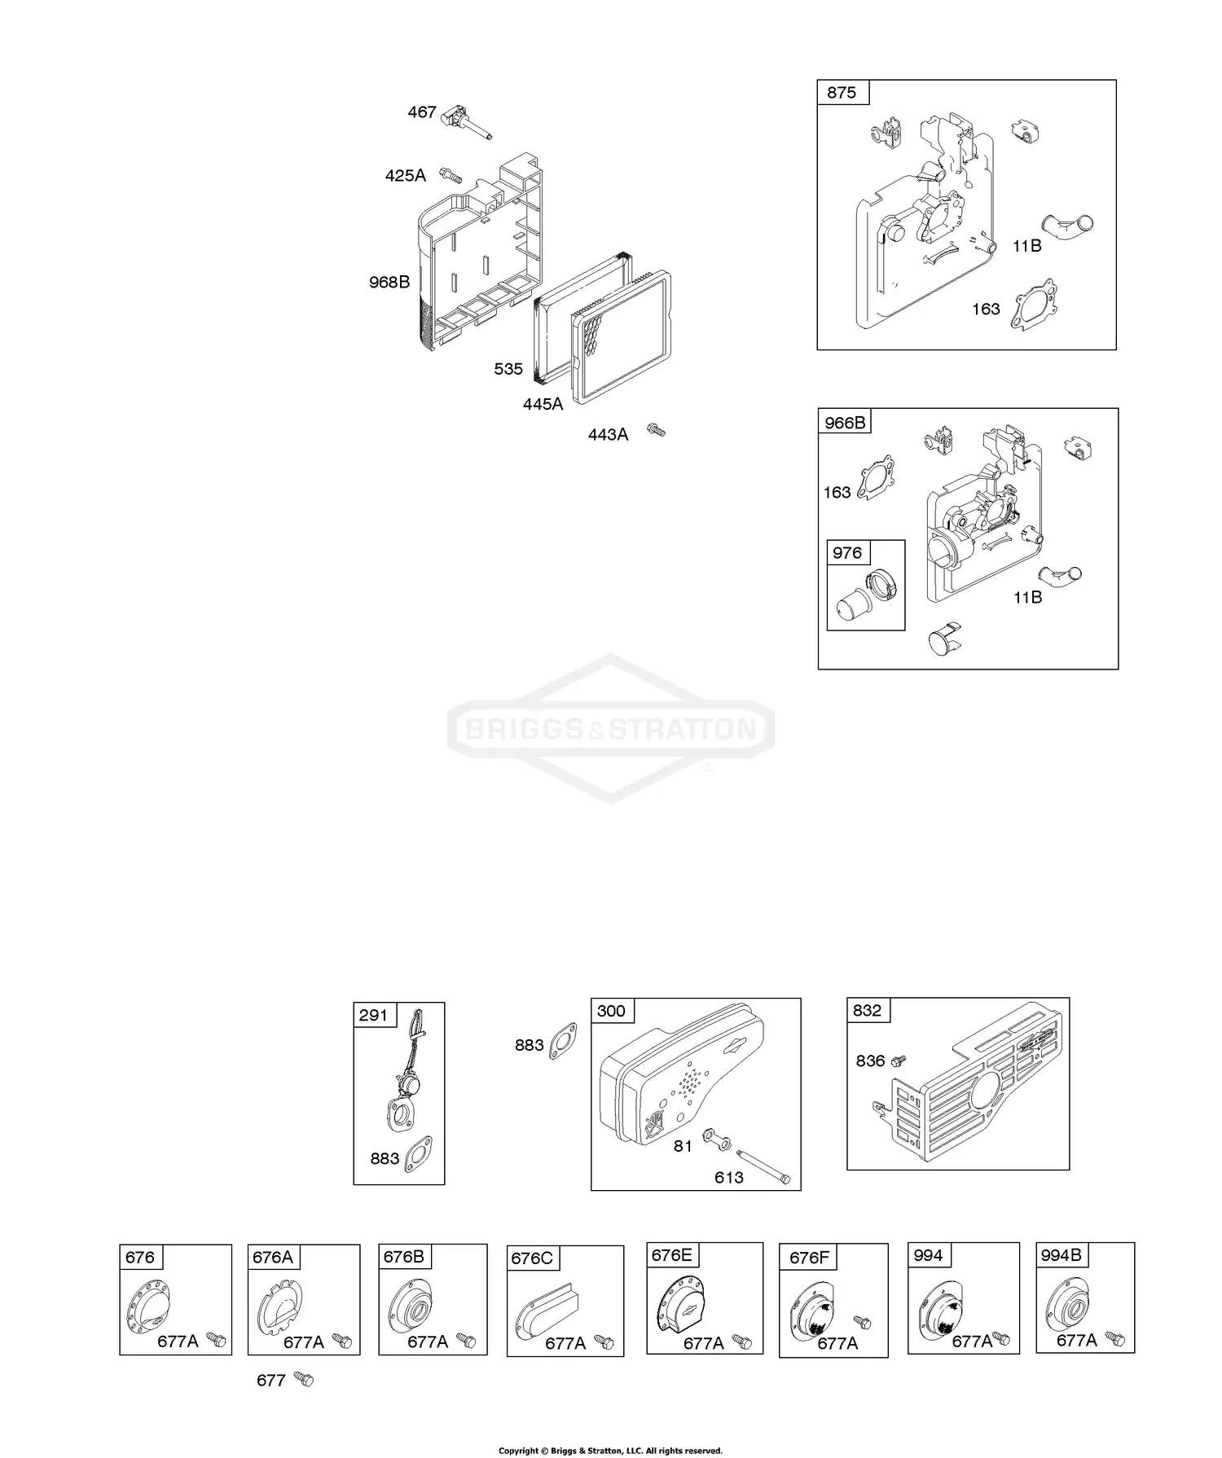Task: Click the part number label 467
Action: (x=422, y=112)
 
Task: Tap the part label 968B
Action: (x=389, y=283)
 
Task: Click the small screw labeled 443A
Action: (x=656, y=429)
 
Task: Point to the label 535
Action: (x=508, y=369)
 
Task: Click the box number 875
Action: (x=842, y=93)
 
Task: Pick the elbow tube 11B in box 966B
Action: (x=1062, y=574)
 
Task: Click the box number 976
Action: (x=847, y=553)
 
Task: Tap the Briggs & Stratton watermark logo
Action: (x=611, y=728)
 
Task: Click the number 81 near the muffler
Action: (x=683, y=1146)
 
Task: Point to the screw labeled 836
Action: (x=899, y=1061)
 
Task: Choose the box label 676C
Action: (x=532, y=1258)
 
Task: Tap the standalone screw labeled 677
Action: (x=304, y=1379)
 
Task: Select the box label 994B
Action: (x=1061, y=1255)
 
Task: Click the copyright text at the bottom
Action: (x=610, y=1451)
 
